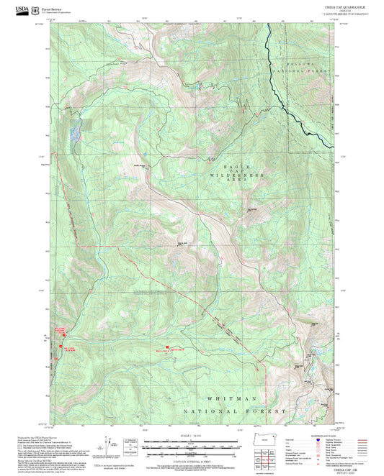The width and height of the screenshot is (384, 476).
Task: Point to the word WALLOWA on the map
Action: [x=293, y=62]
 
